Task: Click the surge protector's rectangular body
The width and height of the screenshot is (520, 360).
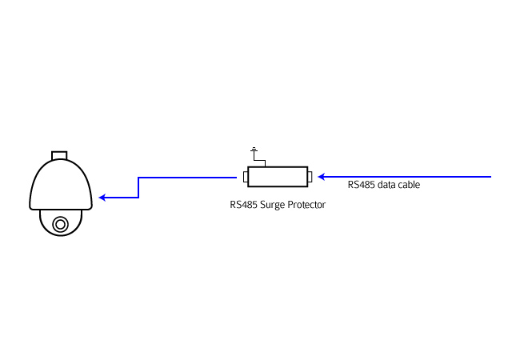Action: click(x=278, y=176)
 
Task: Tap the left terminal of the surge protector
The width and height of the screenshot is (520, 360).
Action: click(x=245, y=177)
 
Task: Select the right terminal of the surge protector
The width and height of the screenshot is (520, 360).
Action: click(x=310, y=177)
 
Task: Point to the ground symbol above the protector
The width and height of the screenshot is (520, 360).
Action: click(x=254, y=150)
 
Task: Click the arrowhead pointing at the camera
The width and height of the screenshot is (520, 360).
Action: click(x=102, y=197)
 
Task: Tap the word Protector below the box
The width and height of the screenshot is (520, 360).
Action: click(x=308, y=205)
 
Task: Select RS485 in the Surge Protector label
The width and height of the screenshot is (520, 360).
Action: click(x=243, y=205)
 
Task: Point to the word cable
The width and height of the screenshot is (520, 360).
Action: click(x=409, y=185)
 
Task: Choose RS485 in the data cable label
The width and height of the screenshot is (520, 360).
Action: click(x=361, y=185)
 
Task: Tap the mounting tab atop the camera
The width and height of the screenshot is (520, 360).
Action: click(x=60, y=153)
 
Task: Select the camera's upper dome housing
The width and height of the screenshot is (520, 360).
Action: click(x=60, y=184)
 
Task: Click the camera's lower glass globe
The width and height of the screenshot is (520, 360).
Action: click(x=60, y=222)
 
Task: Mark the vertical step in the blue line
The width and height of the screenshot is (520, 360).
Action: click(x=138, y=187)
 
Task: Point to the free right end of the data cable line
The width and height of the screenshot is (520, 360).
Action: click(x=490, y=177)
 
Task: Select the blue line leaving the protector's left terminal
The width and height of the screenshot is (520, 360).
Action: click(x=192, y=178)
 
